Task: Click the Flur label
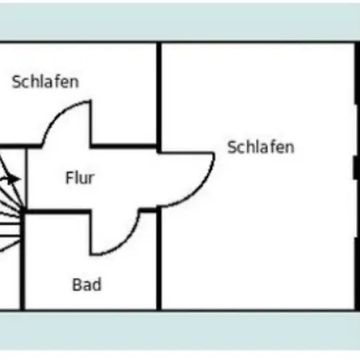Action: pos(80,178)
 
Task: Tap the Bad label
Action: pos(87,285)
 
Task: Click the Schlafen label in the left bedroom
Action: pos(46,82)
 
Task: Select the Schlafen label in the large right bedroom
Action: pos(261,147)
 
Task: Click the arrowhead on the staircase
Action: pos(14,178)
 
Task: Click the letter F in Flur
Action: pos(69,178)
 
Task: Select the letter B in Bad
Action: pos(77,285)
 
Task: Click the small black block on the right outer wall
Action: pos(356,168)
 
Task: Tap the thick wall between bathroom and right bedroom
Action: pos(159,258)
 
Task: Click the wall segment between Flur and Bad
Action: pos(58,212)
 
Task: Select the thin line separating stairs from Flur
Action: pos(26,178)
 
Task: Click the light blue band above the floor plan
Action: pos(180,22)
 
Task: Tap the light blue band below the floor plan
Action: pos(180,330)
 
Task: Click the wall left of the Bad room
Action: pos(22,262)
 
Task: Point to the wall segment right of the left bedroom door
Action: pos(124,146)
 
